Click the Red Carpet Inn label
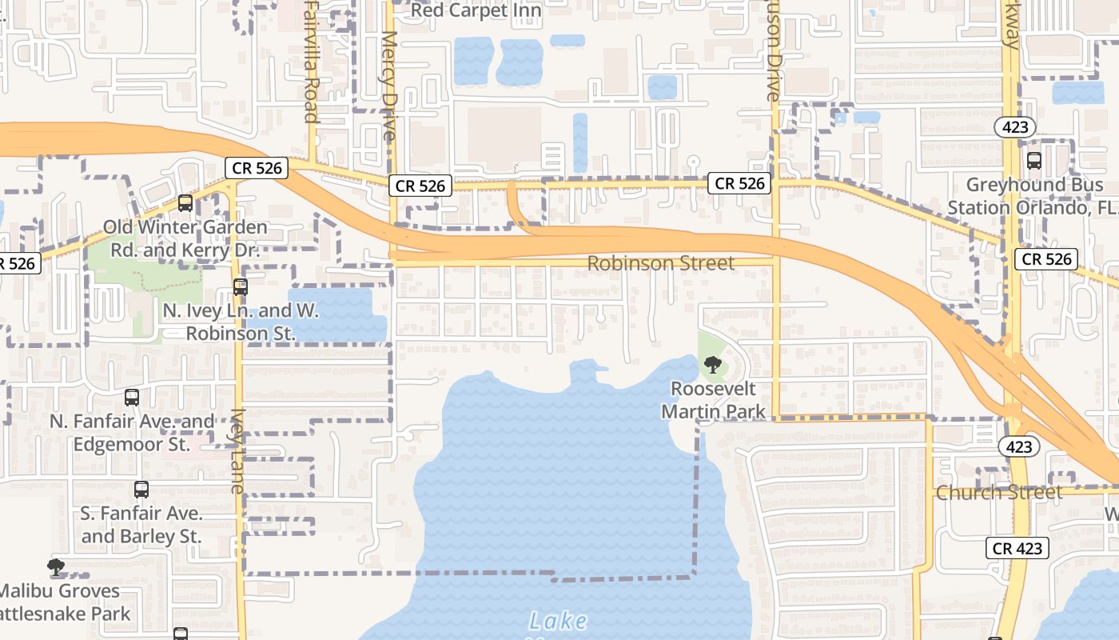[x=476, y=10]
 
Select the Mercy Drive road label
[x=389, y=86]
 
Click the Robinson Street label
[x=660, y=263]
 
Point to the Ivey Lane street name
[x=238, y=451]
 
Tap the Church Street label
[x=999, y=492]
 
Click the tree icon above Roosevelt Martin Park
[x=712, y=366]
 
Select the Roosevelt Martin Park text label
[x=713, y=400]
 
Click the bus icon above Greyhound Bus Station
[x=1034, y=161]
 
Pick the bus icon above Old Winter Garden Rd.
[x=185, y=203]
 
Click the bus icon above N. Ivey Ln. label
[x=241, y=287]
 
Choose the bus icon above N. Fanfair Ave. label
[x=132, y=398]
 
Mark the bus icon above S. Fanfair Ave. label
[x=141, y=490]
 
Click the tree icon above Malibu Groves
[x=56, y=568]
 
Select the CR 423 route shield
[x=1017, y=548]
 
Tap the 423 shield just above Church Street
[x=1019, y=446]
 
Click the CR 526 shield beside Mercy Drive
[x=420, y=186]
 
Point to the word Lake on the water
[x=558, y=621]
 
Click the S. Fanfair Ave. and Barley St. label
[x=141, y=525]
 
